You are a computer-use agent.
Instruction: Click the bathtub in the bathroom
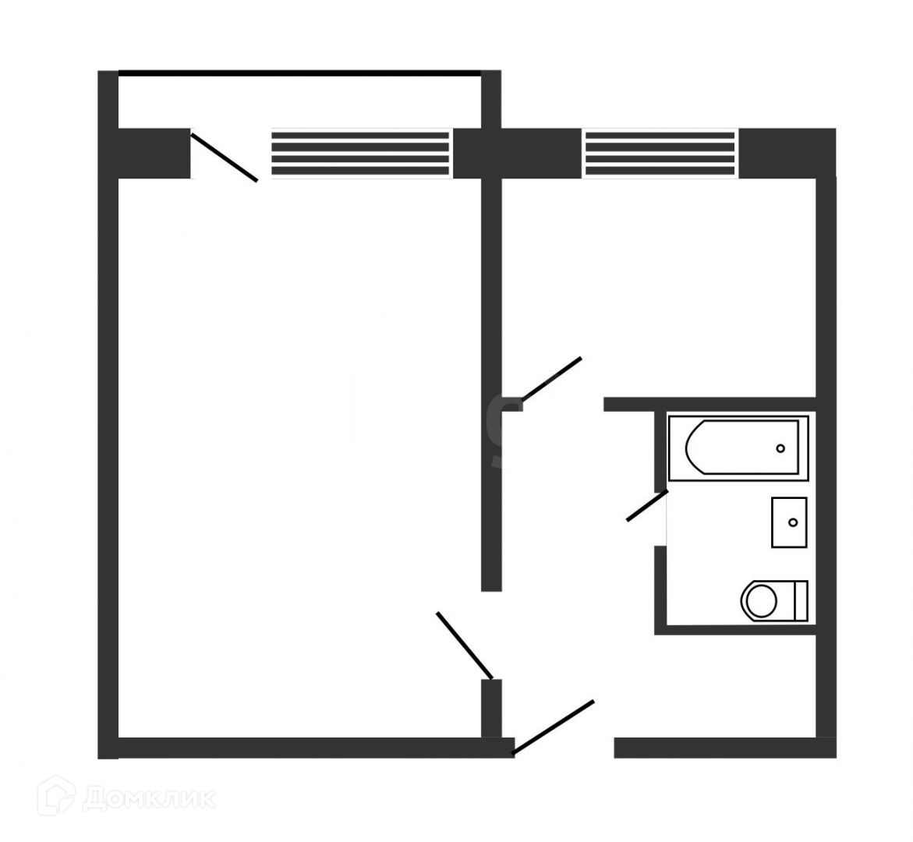coord(737,448)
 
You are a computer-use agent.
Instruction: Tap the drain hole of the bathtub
coord(780,448)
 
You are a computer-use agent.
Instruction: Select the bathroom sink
coord(789,522)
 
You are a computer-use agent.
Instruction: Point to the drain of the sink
coord(794,522)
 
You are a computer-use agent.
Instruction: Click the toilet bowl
coord(759,600)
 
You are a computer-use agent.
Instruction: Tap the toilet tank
coord(799,600)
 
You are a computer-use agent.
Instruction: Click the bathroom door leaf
coord(646,506)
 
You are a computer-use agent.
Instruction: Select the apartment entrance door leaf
coord(553,727)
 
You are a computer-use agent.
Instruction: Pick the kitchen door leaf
coord(551,379)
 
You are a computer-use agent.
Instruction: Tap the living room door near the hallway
coord(465,646)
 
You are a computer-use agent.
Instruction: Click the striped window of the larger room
coord(360,153)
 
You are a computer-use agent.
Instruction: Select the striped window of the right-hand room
coord(660,153)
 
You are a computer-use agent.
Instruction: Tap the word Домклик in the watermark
coord(148,798)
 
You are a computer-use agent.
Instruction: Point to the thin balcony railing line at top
coord(299,74)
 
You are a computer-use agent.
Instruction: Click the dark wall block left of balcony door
coord(154,154)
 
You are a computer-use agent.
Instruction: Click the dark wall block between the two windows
coord(518,153)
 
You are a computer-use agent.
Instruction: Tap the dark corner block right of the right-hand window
coord(786,153)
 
